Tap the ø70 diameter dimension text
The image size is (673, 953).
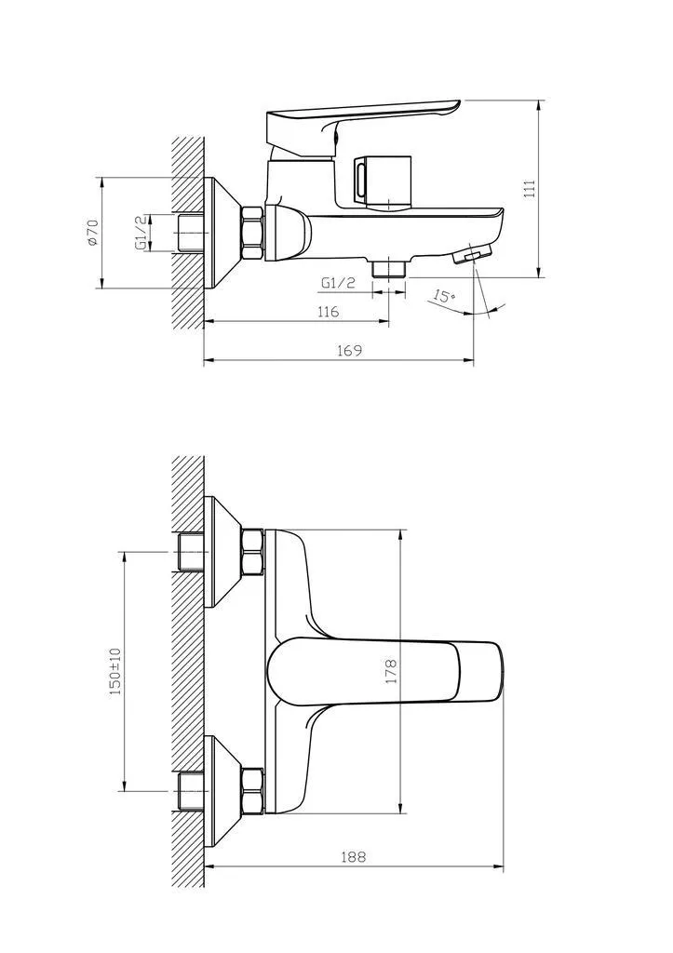[x=93, y=232]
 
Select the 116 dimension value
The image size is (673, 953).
[x=329, y=312]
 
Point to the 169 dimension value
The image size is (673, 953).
[x=350, y=351]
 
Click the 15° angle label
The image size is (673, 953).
[x=444, y=297]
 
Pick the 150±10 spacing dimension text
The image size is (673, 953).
[x=114, y=671]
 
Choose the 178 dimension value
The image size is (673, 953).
[x=390, y=671]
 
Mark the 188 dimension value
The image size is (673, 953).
[x=353, y=857]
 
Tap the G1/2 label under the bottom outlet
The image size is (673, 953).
[x=338, y=283]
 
